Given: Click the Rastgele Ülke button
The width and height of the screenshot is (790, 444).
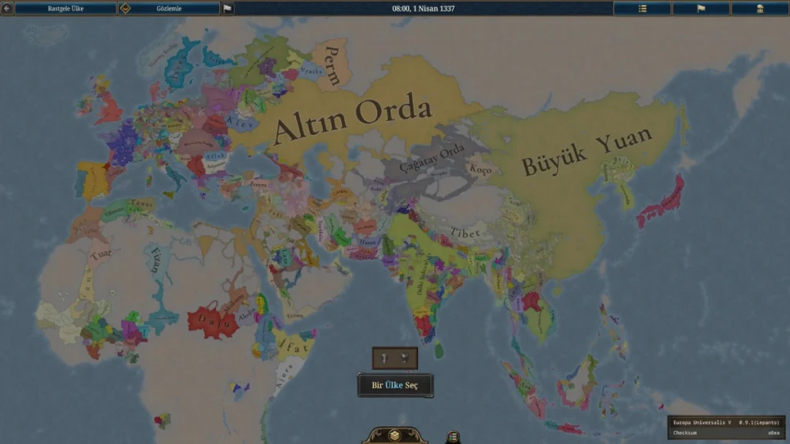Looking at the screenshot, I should tap(66, 8).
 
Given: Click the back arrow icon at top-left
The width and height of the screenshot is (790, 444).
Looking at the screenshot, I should tap(7, 8).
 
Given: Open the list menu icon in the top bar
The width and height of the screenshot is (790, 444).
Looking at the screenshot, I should tap(642, 8).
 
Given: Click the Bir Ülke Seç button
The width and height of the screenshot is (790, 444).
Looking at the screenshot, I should tap(395, 385).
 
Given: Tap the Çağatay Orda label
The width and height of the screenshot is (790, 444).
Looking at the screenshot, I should tap(436, 165).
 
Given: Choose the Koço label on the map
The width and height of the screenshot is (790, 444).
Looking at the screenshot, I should tap(480, 170).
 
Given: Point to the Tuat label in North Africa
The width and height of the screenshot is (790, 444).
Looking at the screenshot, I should tap(100, 254).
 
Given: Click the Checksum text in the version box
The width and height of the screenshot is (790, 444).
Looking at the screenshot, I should tap(686, 432).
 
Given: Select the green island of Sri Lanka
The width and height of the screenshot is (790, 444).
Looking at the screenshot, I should tap(439, 351).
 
